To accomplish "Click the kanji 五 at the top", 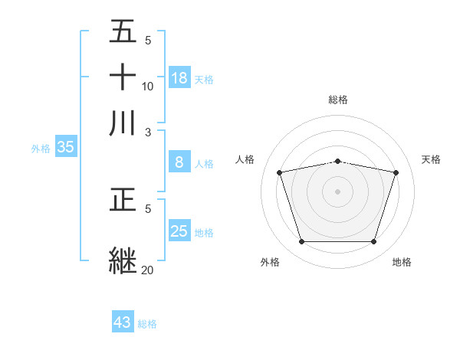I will [123, 32].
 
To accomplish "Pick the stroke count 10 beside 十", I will [148, 86].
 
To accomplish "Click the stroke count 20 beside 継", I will [148, 270].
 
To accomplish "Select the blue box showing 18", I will [179, 77].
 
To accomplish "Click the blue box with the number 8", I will [179, 162].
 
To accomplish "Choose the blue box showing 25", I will [179, 231].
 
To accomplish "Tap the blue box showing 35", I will [65, 148].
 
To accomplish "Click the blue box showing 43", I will [123, 322].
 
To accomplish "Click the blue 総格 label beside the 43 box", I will [147, 324].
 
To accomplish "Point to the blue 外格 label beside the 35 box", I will [41, 149].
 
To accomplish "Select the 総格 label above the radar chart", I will [338, 100].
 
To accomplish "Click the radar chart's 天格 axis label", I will [431, 159].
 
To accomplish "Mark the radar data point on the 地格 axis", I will [373, 242].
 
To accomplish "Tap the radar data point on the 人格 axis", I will [280, 172].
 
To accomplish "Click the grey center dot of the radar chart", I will [338, 191].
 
